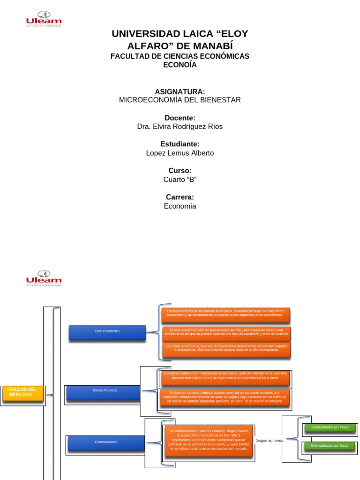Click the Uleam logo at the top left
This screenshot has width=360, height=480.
[x=44, y=19]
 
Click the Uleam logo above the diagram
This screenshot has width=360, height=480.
[x=44, y=278]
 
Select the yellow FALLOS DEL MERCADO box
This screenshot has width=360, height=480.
[x=23, y=393]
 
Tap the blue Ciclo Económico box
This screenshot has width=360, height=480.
[x=107, y=332]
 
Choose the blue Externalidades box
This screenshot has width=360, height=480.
[x=106, y=443]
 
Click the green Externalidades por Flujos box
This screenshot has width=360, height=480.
[x=330, y=428]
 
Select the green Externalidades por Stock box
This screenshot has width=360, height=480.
[x=330, y=446]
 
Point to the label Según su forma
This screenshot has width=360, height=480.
[x=270, y=441]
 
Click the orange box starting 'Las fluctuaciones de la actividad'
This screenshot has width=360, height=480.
[x=225, y=315]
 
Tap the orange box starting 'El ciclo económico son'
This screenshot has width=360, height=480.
[x=225, y=333]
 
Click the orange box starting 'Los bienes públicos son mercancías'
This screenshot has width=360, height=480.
[x=225, y=378]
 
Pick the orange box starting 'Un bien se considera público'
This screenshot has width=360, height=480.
[x=225, y=397]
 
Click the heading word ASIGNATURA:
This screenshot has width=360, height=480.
[x=180, y=91]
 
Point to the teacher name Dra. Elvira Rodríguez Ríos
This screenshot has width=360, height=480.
[x=180, y=127]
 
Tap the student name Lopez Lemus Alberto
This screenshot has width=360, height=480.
[x=180, y=153]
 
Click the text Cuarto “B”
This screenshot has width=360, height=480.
[x=180, y=180]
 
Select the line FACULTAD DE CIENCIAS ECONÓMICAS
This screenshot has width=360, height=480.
[x=180, y=56]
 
